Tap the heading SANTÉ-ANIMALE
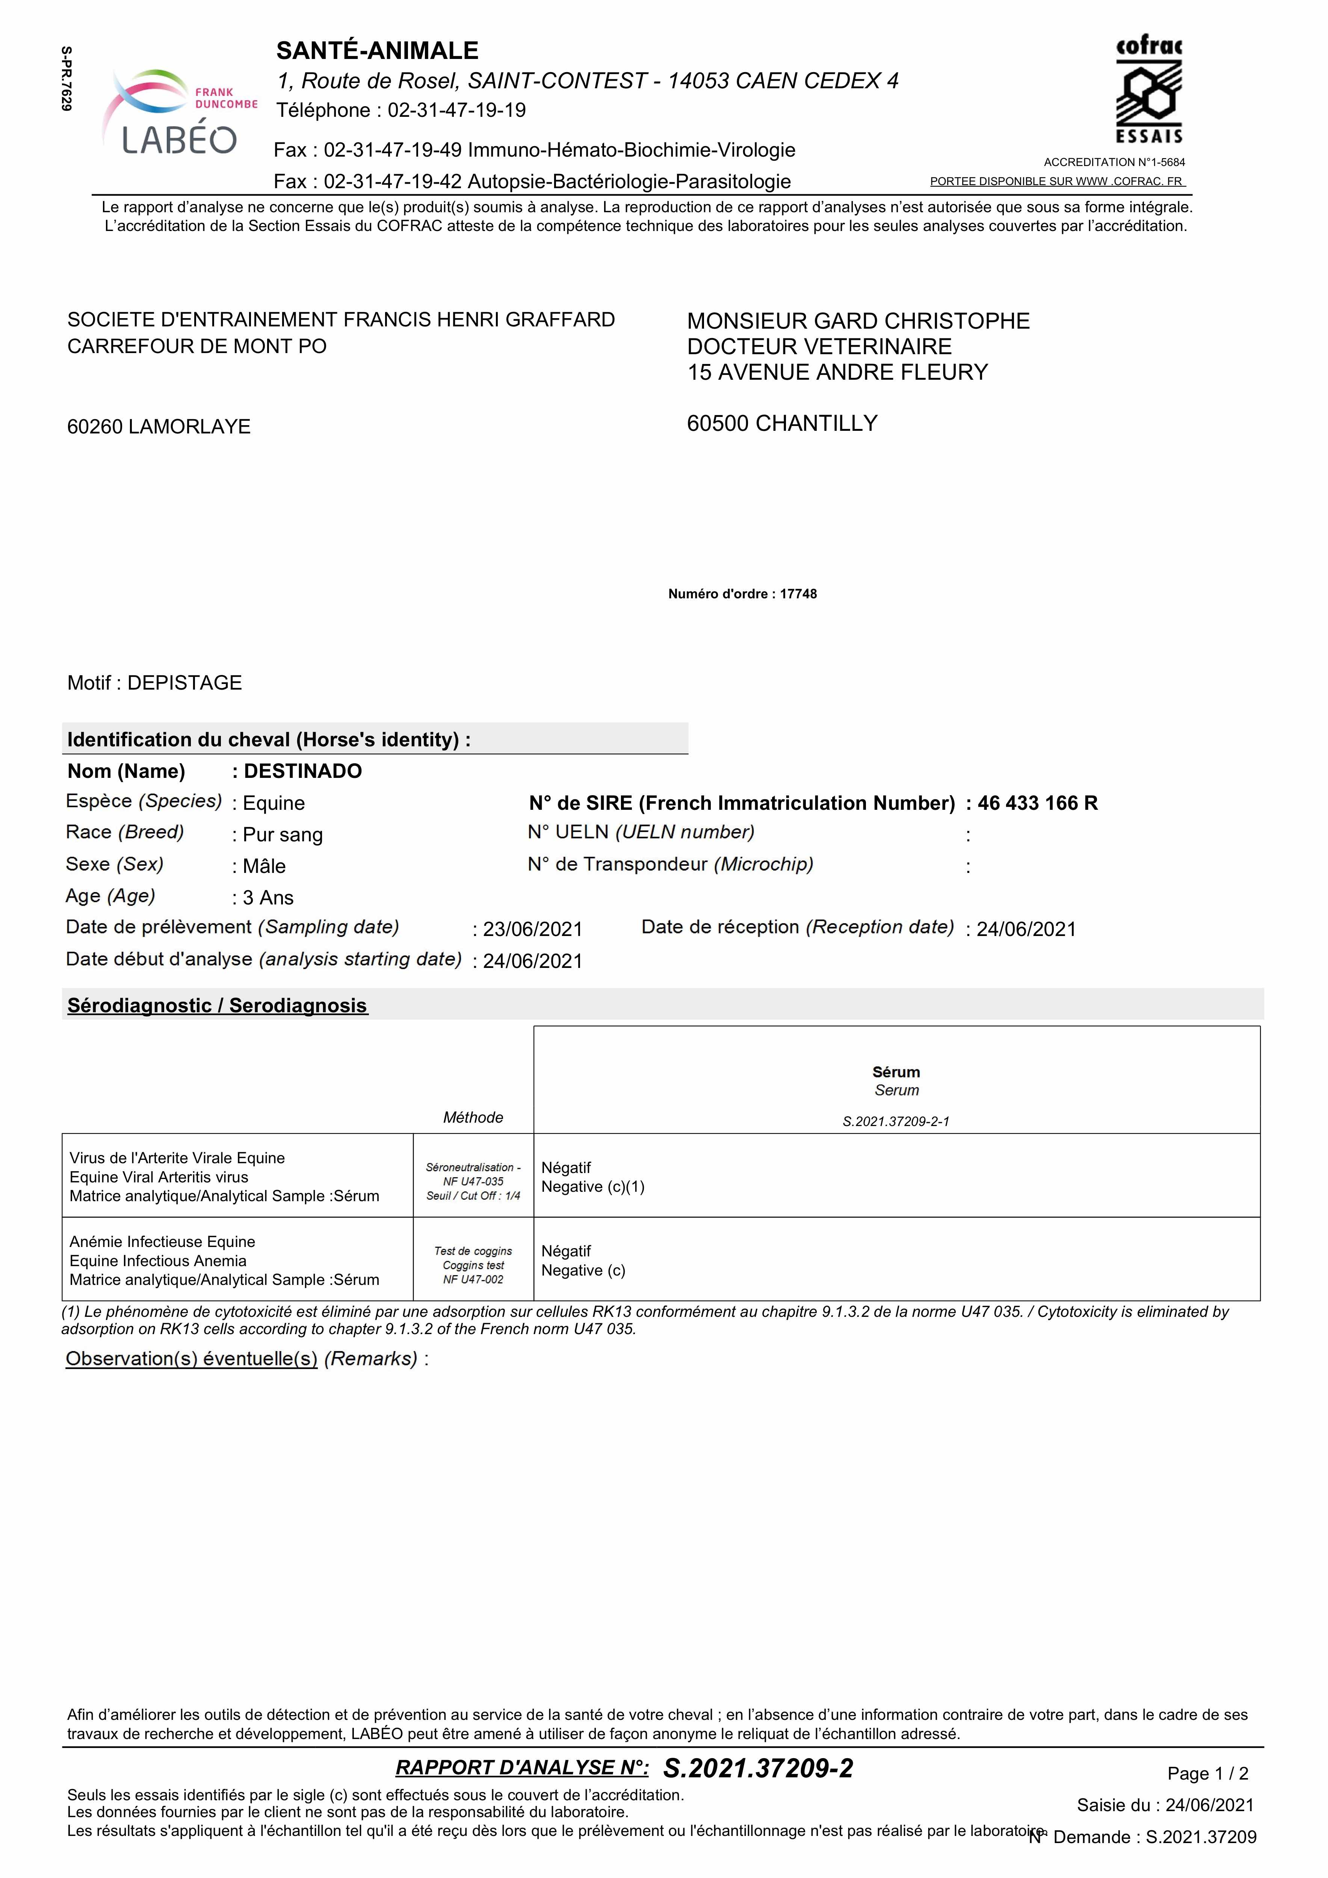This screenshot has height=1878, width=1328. [x=377, y=51]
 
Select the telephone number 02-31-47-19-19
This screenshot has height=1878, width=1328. [x=456, y=110]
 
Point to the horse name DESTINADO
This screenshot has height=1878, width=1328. [x=303, y=771]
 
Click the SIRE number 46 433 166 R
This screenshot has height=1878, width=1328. [x=1038, y=803]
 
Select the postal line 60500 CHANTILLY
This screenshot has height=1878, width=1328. [x=782, y=424]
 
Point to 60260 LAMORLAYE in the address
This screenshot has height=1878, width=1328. [x=159, y=427]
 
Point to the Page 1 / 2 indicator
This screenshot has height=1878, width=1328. [x=1208, y=1773]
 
